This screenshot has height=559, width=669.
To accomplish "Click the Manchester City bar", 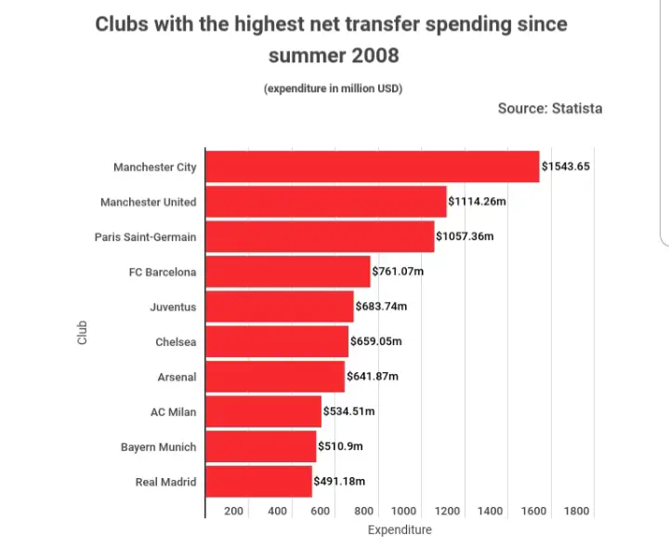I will pos(372,166).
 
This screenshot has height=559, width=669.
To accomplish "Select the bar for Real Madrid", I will pos(258,482).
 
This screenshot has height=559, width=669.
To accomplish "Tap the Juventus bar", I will pos(279,307).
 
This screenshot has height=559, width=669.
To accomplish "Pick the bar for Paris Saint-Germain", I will pos(319,236).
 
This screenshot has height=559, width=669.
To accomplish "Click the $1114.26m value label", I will pos(477,202).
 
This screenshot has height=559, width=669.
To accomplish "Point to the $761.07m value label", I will pos(398,272).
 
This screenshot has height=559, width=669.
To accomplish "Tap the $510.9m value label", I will pos(340,446).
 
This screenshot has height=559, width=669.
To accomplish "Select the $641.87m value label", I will pos(372,377).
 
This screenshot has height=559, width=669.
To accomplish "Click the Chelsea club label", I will pos(176,342).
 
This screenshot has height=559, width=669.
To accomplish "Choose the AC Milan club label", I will pos(173,412).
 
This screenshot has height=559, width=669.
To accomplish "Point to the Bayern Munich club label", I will pos(158,447).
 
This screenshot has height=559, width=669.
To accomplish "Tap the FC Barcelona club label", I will pos(163,273).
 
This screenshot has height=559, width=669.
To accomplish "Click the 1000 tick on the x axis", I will pos(404,511).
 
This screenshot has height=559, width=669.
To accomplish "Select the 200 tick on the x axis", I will pos(233,511).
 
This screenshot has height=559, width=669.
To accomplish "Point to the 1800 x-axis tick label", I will pos(576,511).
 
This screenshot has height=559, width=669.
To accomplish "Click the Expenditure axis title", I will pos(400,530).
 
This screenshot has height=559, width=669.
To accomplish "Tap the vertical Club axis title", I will pos(82,333).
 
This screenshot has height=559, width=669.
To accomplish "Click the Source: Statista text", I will pos(550,109).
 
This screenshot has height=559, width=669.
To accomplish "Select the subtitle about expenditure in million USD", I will pos(333,88).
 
